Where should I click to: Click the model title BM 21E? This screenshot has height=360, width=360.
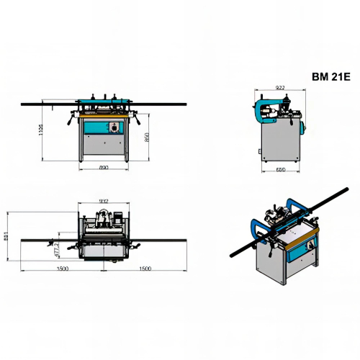330,76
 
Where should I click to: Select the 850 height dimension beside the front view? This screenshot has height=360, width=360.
146,137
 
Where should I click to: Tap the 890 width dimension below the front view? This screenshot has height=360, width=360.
104,168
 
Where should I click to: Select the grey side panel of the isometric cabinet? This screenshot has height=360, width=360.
269,263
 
